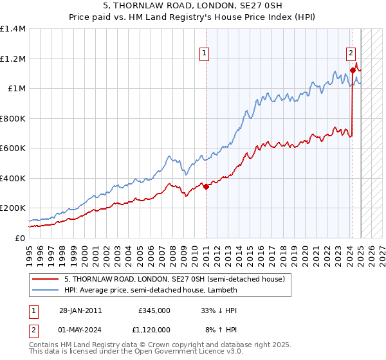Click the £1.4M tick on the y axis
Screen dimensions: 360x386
point(13,29)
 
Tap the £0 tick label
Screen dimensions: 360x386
point(20,238)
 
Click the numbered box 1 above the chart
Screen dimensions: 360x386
point(204,54)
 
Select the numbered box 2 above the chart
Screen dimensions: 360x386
point(351,54)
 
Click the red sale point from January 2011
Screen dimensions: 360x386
point(206,186)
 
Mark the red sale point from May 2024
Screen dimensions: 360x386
point(353,70)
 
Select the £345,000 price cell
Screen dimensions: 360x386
point(154,310)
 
